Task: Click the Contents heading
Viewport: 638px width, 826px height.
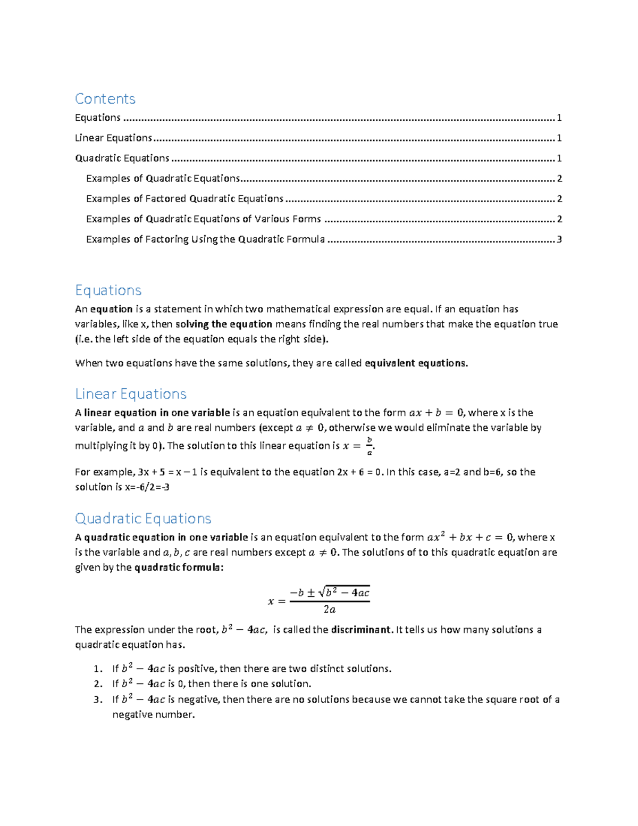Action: [105, 99]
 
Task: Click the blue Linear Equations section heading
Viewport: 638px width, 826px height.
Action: [131, 394]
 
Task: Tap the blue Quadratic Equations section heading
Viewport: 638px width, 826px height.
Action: [143, 518]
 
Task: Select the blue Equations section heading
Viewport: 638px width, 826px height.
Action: [108, 290]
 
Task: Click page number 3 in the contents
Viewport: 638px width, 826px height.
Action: [559, 239]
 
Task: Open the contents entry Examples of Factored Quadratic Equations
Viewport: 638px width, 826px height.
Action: [184, 199]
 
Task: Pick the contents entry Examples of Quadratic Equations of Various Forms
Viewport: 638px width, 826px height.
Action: [203, 219]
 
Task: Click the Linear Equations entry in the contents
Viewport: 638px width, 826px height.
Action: [113, 138]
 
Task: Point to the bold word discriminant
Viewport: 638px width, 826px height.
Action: [362, 630]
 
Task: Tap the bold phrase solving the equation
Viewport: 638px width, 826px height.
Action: [224, 324]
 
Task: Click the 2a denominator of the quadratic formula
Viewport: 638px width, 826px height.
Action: [330, 610]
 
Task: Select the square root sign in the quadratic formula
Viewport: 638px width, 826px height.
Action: [322, 592]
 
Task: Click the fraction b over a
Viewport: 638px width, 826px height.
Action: [370, 446]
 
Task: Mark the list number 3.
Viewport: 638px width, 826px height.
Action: [97, 700]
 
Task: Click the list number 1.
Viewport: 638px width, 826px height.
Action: [97, 669]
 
